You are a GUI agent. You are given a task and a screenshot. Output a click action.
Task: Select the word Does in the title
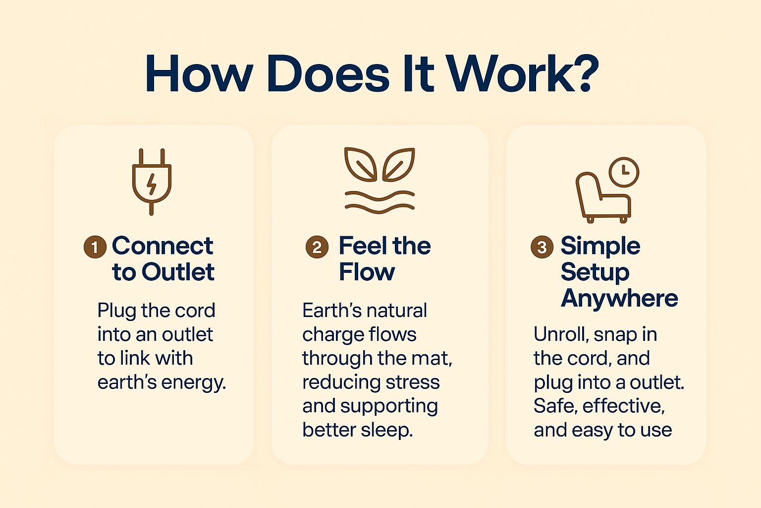[x=328, y=73]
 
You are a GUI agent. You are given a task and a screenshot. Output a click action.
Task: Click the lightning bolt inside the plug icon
[x=152, y=184]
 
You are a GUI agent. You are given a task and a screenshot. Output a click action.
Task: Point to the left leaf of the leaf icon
[x=361, y=164]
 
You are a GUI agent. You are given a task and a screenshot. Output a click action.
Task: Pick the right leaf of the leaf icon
[x=399, y=164]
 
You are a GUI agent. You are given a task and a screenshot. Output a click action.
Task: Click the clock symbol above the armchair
[x=624, y=172]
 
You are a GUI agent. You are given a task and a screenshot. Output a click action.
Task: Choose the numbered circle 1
[x=95, y=247]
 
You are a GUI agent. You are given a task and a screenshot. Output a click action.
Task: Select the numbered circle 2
[x=317, y=247]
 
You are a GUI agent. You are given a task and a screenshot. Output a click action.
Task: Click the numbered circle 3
[x=542, y=247]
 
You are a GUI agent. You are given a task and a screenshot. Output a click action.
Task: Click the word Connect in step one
[x=163, y=246]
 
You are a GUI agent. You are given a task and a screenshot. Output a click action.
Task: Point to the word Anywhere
[x=619, y=298]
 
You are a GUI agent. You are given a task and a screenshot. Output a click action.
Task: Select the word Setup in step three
[x=595, y=272]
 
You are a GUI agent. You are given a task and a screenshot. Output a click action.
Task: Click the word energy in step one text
[x=193, y=383]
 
